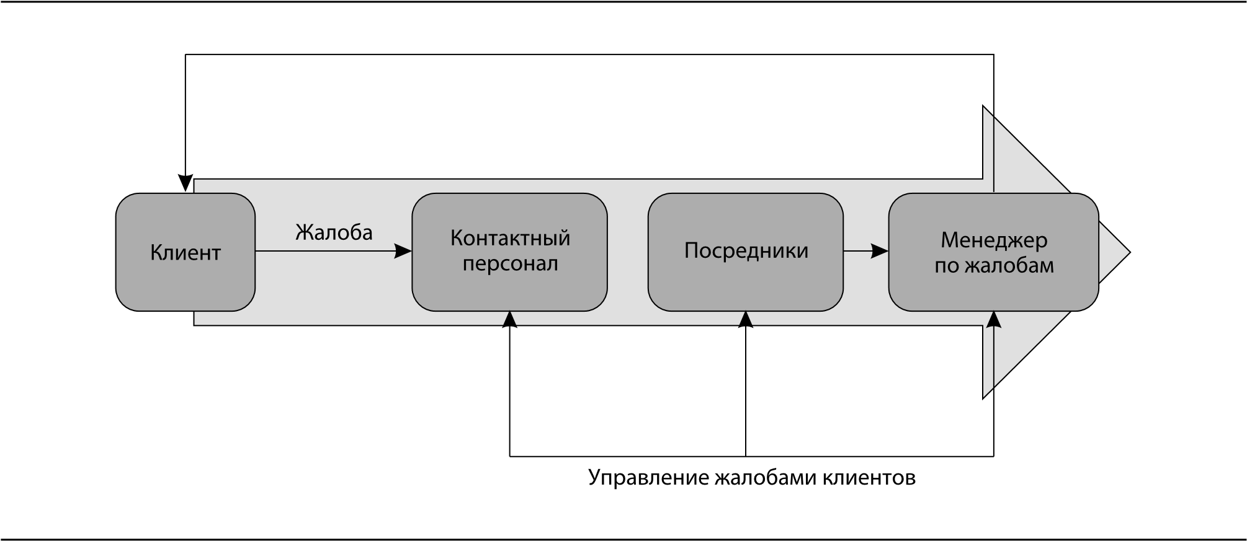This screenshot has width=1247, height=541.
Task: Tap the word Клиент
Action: pyautogui.click(x=185, y=253)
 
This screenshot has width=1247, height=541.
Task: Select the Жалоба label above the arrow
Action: pyautogui.click(x=334, y=232)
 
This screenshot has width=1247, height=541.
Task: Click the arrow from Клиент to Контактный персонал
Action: pyautogui.click(x=323, y=251)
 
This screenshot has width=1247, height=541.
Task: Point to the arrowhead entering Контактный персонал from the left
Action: pyautogui.click(x=403, y=251)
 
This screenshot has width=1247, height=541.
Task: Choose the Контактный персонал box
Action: pyautogui.click(x=509, y=291)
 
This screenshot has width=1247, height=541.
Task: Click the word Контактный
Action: pyautogui.click(x=510, y=239)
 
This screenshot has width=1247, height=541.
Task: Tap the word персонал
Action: pyautogui.click(x=510, y=264)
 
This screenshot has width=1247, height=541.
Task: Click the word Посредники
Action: pyautogui.click(x=746, y=250)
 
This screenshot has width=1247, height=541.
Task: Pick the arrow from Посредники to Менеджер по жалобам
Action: pyautogui.click(x=862, y=251)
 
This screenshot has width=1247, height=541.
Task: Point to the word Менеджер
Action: pyautogui.click(x=994, y=240)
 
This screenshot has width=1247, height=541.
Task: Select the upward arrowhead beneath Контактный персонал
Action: pyautogui.click(x=509, y=319)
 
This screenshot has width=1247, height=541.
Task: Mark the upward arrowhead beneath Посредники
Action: pyautogui.click(x=746, y=319)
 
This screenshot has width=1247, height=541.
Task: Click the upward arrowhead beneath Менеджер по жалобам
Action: pyautogui.click(x=994, y=320)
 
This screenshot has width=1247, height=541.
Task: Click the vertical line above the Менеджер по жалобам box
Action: pyautogui.click(x=994, y=155)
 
